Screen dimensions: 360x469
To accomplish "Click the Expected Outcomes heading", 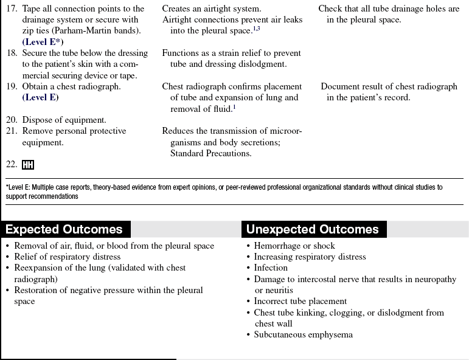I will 64,229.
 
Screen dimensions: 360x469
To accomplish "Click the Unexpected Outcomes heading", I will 312,229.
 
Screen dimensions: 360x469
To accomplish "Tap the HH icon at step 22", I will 28,165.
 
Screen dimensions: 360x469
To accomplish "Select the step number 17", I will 12,9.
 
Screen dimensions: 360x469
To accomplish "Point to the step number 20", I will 12,120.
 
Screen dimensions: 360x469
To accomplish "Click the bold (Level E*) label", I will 43,42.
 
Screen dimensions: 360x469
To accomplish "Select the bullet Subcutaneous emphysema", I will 303,334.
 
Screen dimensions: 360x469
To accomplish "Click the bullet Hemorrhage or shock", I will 294,246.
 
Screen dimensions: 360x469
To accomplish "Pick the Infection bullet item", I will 271,268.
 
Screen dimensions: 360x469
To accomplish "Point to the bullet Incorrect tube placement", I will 301,301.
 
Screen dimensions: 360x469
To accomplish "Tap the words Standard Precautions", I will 210,153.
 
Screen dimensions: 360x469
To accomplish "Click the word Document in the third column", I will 341,86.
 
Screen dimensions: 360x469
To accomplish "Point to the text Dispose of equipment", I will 64,120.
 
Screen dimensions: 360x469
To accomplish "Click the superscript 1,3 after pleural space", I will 257,29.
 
